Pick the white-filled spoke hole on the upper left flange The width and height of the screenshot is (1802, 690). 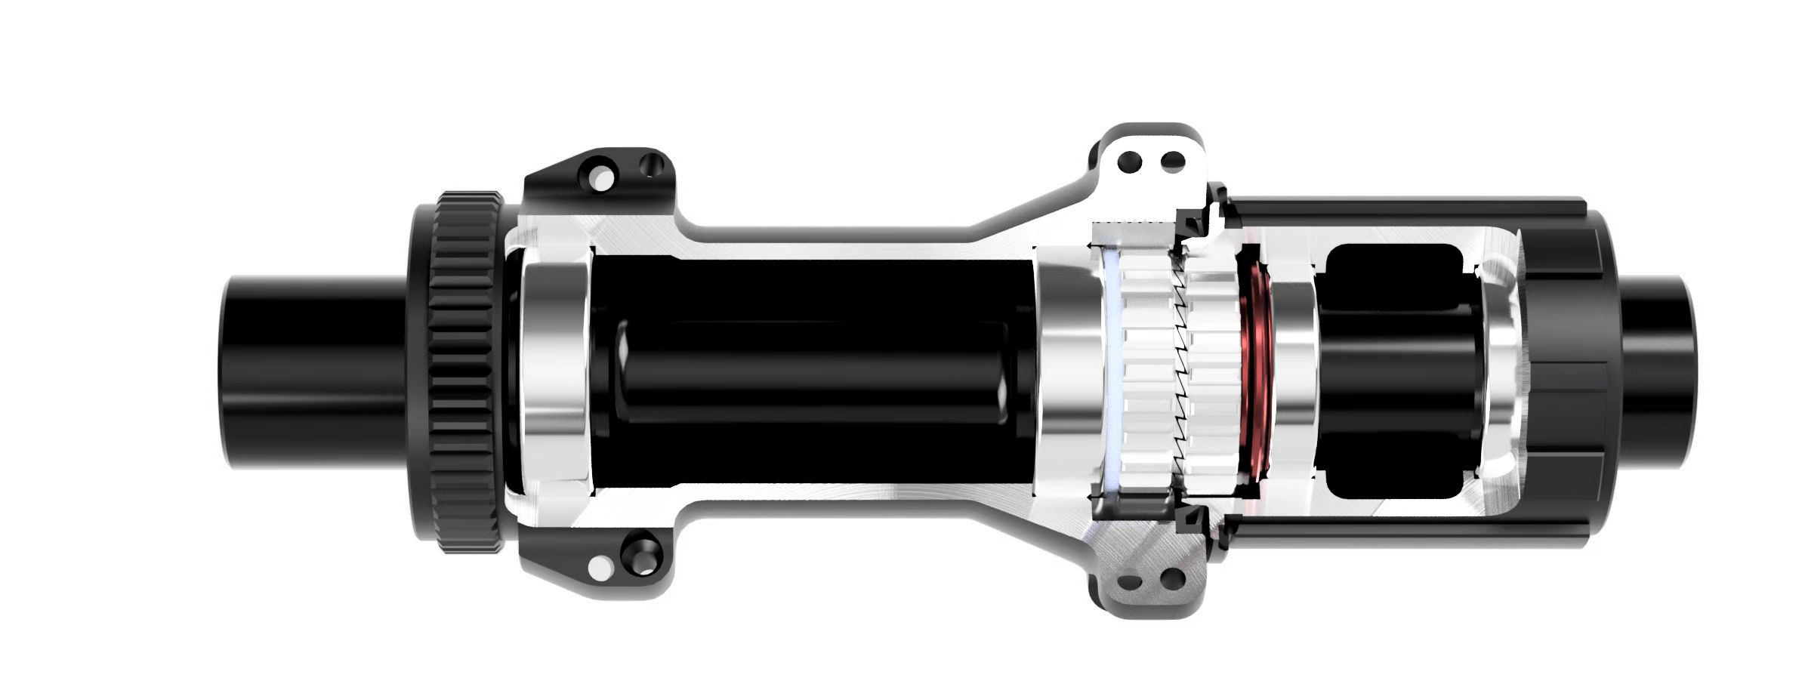click(601, 177)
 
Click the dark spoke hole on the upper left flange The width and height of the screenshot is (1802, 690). click(646, 163)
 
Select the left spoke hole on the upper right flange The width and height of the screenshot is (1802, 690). click(1131, 161)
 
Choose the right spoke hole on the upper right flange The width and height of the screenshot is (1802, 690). click(1172, 161)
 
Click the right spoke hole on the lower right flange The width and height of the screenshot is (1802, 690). click(1171, 580)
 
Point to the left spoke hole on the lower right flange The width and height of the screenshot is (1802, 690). click(1131, 582)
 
